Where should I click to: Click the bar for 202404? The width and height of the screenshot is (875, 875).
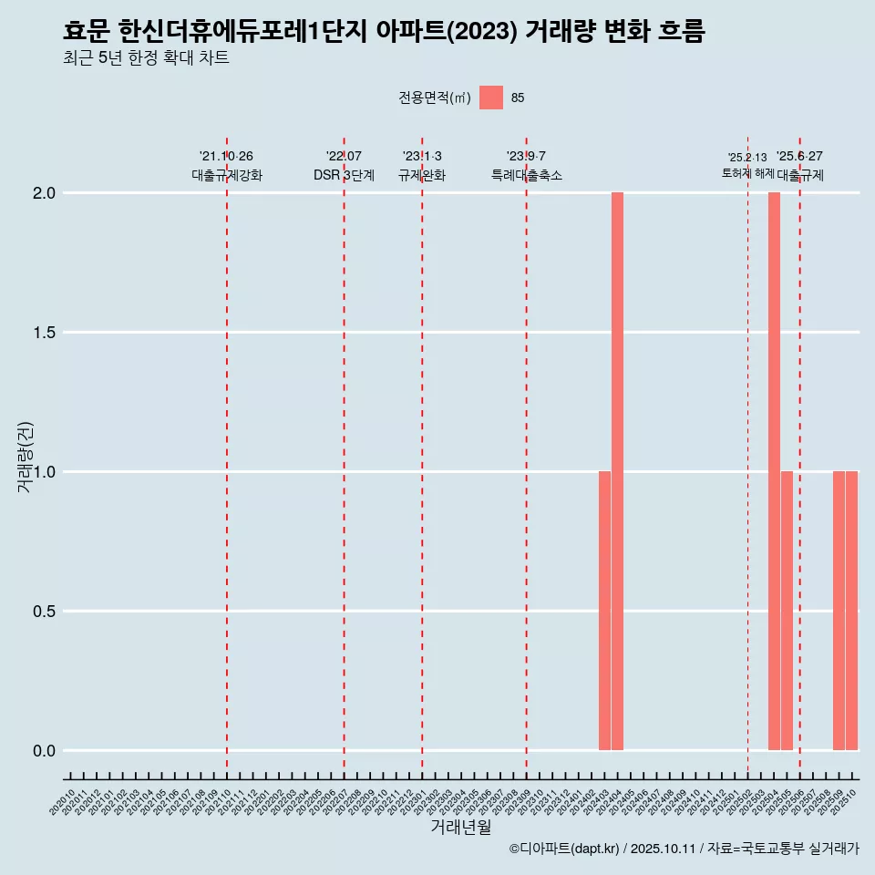tap(617, 471)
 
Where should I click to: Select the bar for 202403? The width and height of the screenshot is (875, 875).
tap(604, 611)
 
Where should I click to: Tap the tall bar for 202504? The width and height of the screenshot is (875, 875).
tap(774, 471)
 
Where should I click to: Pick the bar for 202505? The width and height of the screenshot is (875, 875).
tap(787, 611)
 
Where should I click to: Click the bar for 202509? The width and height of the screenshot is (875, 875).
tap(839, 611)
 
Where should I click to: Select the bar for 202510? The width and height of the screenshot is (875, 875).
tap(851, 611)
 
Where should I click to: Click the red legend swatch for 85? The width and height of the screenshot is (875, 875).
tap(491, 98)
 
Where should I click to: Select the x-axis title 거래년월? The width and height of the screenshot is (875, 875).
tap(460, 828)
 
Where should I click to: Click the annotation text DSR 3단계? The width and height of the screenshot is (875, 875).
tap(344, 175)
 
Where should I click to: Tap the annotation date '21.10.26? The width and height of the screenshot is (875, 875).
tap(226, 156)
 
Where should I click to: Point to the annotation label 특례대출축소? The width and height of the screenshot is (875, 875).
tap(526, 175)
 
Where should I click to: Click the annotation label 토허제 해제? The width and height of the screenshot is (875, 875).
tap(747, 172)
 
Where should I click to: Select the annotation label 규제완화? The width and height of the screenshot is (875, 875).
tap(422, 175)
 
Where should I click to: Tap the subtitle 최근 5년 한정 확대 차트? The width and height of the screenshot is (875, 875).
tap(146, 58)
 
